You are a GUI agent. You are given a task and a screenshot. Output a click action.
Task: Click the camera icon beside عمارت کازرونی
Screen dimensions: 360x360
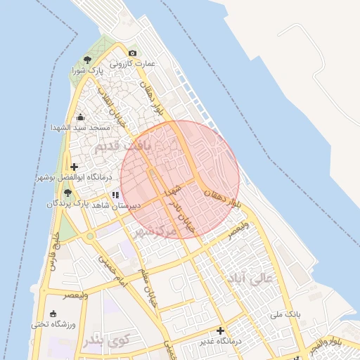coord(132,53)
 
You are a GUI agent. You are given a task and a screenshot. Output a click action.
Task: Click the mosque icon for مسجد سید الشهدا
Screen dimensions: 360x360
coord(80,117)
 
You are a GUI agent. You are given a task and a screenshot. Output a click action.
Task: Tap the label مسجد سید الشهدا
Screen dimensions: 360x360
coord(80,128)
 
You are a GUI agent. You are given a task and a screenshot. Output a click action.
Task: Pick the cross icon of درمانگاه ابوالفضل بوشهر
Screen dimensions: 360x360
coord(74,167)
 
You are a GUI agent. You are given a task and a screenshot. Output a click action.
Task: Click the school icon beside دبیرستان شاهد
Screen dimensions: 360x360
coord(115,195)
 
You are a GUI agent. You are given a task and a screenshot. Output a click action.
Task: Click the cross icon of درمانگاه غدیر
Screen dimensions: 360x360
coord(221,330)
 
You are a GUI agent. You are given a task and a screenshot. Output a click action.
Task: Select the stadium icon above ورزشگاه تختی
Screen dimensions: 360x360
coord(54,314)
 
